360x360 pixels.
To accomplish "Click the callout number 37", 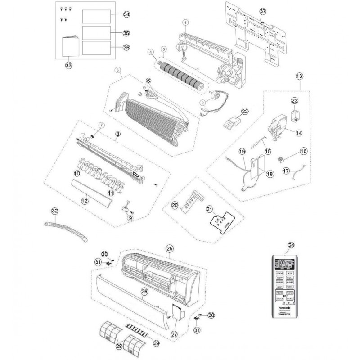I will pos(263,10).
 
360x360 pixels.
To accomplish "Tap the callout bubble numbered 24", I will pos(291,245).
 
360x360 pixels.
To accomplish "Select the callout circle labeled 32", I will pos(55,211).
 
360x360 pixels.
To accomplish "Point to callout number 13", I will pos(300,77).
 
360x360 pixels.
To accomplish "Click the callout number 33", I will pos(68,66).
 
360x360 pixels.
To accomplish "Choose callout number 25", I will pos(170,248).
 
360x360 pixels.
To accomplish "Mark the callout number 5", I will pos(117,70).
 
